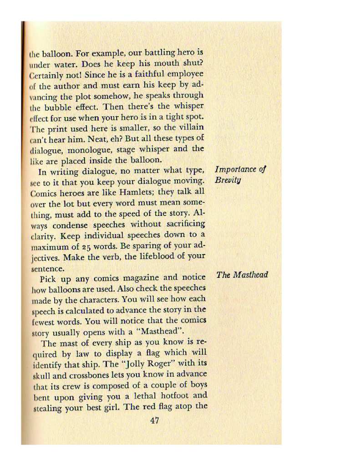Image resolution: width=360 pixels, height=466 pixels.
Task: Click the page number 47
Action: tap(154, 420)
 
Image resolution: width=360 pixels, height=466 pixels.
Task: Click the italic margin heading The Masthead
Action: tap(242, 275)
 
